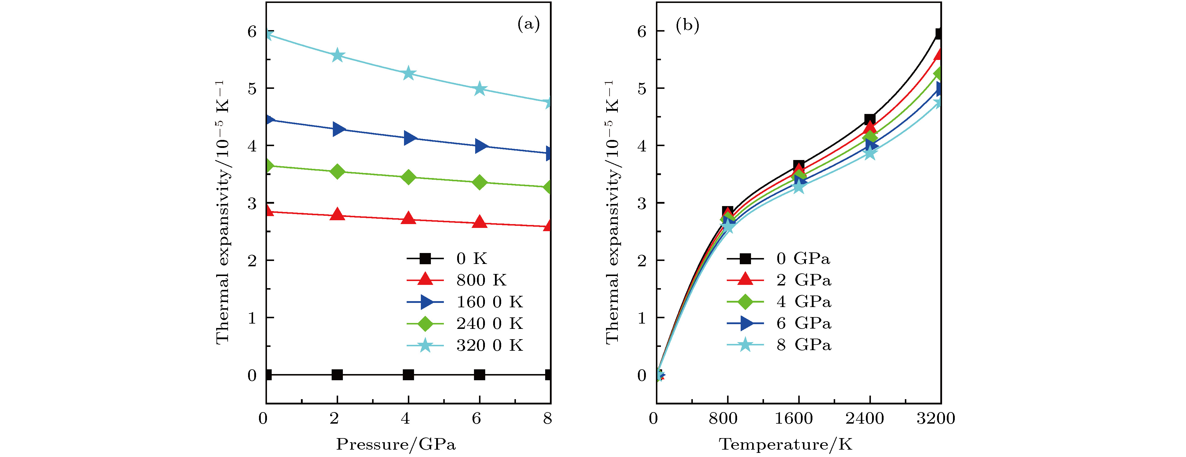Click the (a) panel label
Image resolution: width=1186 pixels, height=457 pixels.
pyautogui.click(x=528, y=24)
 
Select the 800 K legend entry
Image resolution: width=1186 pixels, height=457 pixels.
pyautogui.click(x=481, y=280)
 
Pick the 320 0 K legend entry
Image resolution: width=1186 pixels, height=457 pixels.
pyautogui.click(x=489, y=345)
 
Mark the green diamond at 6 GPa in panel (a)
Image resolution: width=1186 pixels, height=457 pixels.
pyautogui.click(x=479, y=182)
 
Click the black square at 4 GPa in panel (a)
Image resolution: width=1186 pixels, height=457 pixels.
pyautogui.click(x=408, y=375)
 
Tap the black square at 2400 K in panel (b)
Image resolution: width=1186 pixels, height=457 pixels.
pyautogui.click(x=869, y=120)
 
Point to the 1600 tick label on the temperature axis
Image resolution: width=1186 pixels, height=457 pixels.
pyautogui.click(x=793, y=418)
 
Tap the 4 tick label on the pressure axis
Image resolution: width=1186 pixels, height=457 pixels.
pyautogui.click(x=405, y=418)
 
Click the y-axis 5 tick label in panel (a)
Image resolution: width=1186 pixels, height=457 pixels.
pyautogui.click(x=252, y=88)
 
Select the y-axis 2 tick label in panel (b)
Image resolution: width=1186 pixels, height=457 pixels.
pyautogui.click(x=642, y=260)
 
